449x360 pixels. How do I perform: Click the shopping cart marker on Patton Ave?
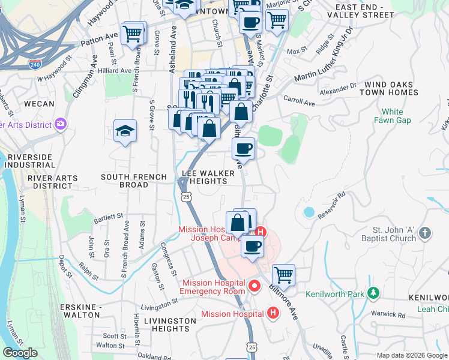click(x=133, y=33)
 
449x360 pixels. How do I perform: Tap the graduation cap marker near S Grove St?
click(x=125, y=131)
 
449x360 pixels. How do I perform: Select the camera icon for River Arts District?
click(x=60, y=124)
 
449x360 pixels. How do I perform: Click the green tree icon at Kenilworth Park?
click(x=374, y=293)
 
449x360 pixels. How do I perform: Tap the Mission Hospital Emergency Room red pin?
click(x=254, y=286)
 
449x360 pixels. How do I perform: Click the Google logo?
click(x=20, y=353)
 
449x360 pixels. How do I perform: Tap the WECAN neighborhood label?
click(x=39, y=104)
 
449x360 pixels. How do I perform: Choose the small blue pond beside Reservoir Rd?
click(x=309, y=212)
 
